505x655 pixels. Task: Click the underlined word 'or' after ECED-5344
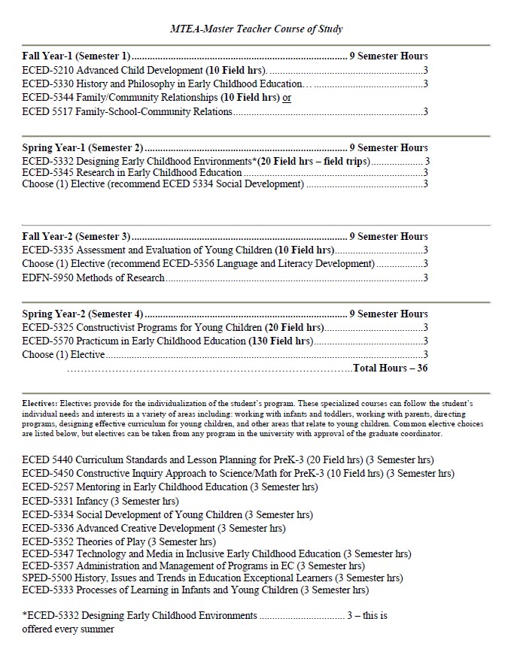[287, 98]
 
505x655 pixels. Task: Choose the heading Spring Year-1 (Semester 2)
[83, 147]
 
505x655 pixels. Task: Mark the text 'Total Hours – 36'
[390, 368]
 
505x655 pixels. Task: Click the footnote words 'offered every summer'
[68, 629]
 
